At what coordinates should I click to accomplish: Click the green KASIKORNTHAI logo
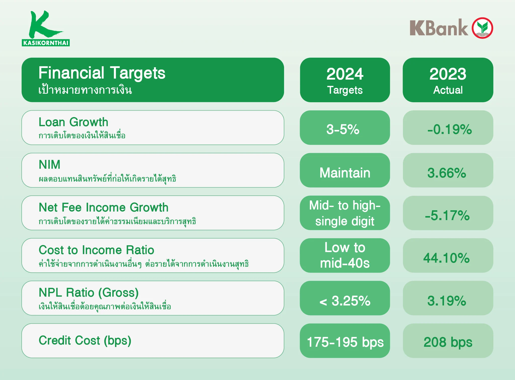(46, 28)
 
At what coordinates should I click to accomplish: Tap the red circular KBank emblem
(482, 28)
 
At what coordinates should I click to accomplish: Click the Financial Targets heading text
(102, 73)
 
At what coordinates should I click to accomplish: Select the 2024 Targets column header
(345, 80)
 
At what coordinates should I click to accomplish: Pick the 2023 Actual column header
(448, 80)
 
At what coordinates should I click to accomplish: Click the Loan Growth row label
(74, 122)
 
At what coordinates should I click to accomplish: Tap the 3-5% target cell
(345, 128)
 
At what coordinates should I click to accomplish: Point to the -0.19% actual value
(450, 129)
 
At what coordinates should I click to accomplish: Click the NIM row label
(50, 165)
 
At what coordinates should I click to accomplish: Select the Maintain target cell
(345, 170)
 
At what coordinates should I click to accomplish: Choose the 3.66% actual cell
(448, 170)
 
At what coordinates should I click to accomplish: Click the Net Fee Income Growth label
(104, 208)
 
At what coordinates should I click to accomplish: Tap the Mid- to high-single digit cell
(345, 213)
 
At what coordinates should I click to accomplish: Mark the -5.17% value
(448, 215)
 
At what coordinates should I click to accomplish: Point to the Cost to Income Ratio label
(96, 250)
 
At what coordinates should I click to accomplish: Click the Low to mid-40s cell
(345, 255)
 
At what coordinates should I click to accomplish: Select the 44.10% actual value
(447, 258)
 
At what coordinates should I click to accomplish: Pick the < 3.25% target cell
(345, 298)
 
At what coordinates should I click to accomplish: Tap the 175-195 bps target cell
(345, 340)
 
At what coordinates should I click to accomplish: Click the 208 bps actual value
(448, 342)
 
